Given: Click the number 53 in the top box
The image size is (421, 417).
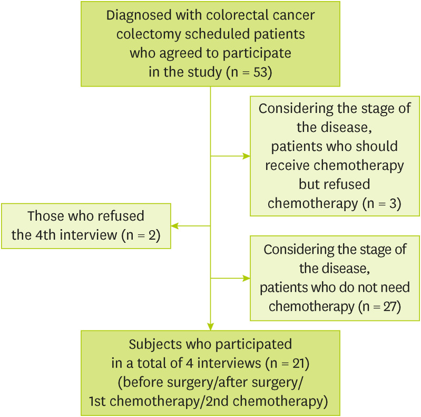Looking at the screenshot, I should [x=261, y=73].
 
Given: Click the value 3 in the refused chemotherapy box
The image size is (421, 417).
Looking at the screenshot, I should [x=391, y=204].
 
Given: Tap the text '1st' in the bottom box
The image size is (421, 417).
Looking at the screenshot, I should [x=99, y=402].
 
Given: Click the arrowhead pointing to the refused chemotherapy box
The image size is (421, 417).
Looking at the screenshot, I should [x=247, y=156].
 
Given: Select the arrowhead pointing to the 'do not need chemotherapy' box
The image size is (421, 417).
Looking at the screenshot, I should [x=247, y=278].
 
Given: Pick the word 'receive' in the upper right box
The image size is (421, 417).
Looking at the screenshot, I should [x=287, y=165].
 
